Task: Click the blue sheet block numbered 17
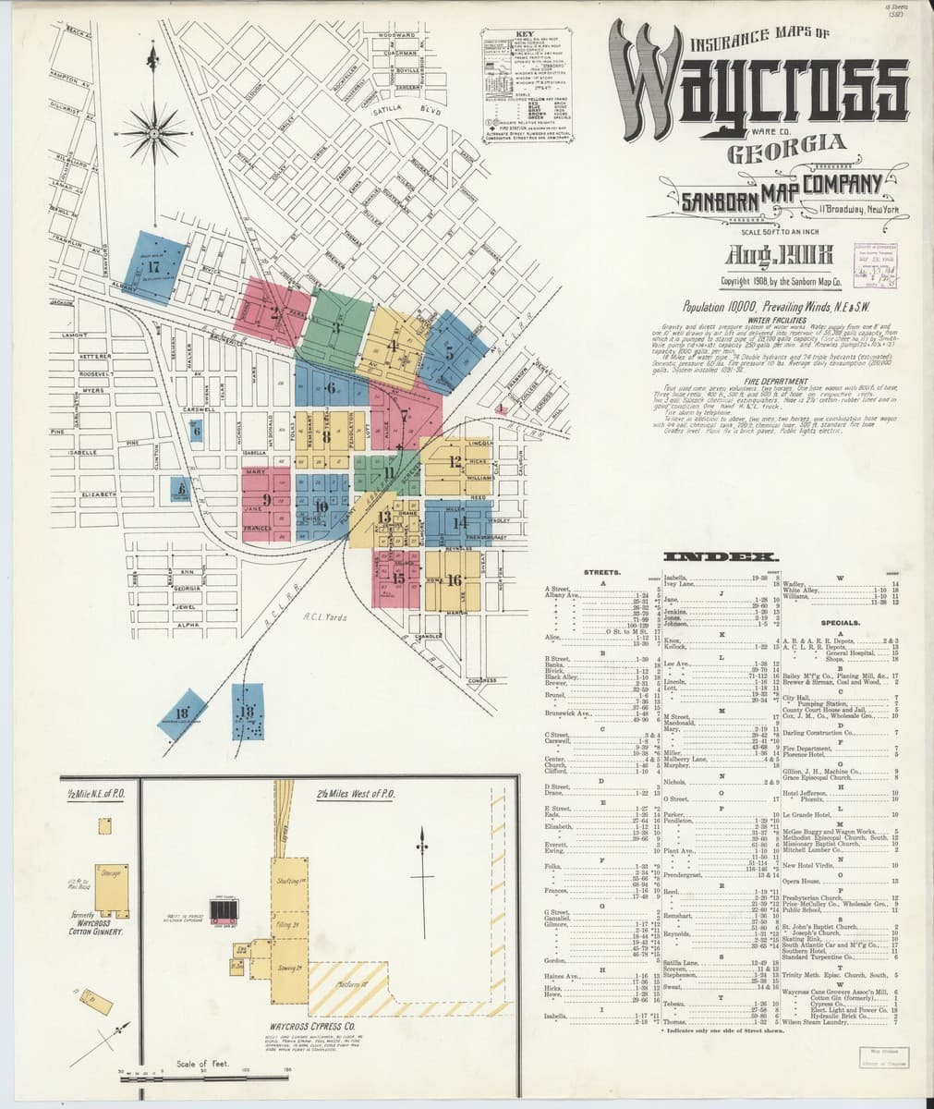(155, 268)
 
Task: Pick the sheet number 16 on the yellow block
(453, 580)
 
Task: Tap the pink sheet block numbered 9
(267, 500)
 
